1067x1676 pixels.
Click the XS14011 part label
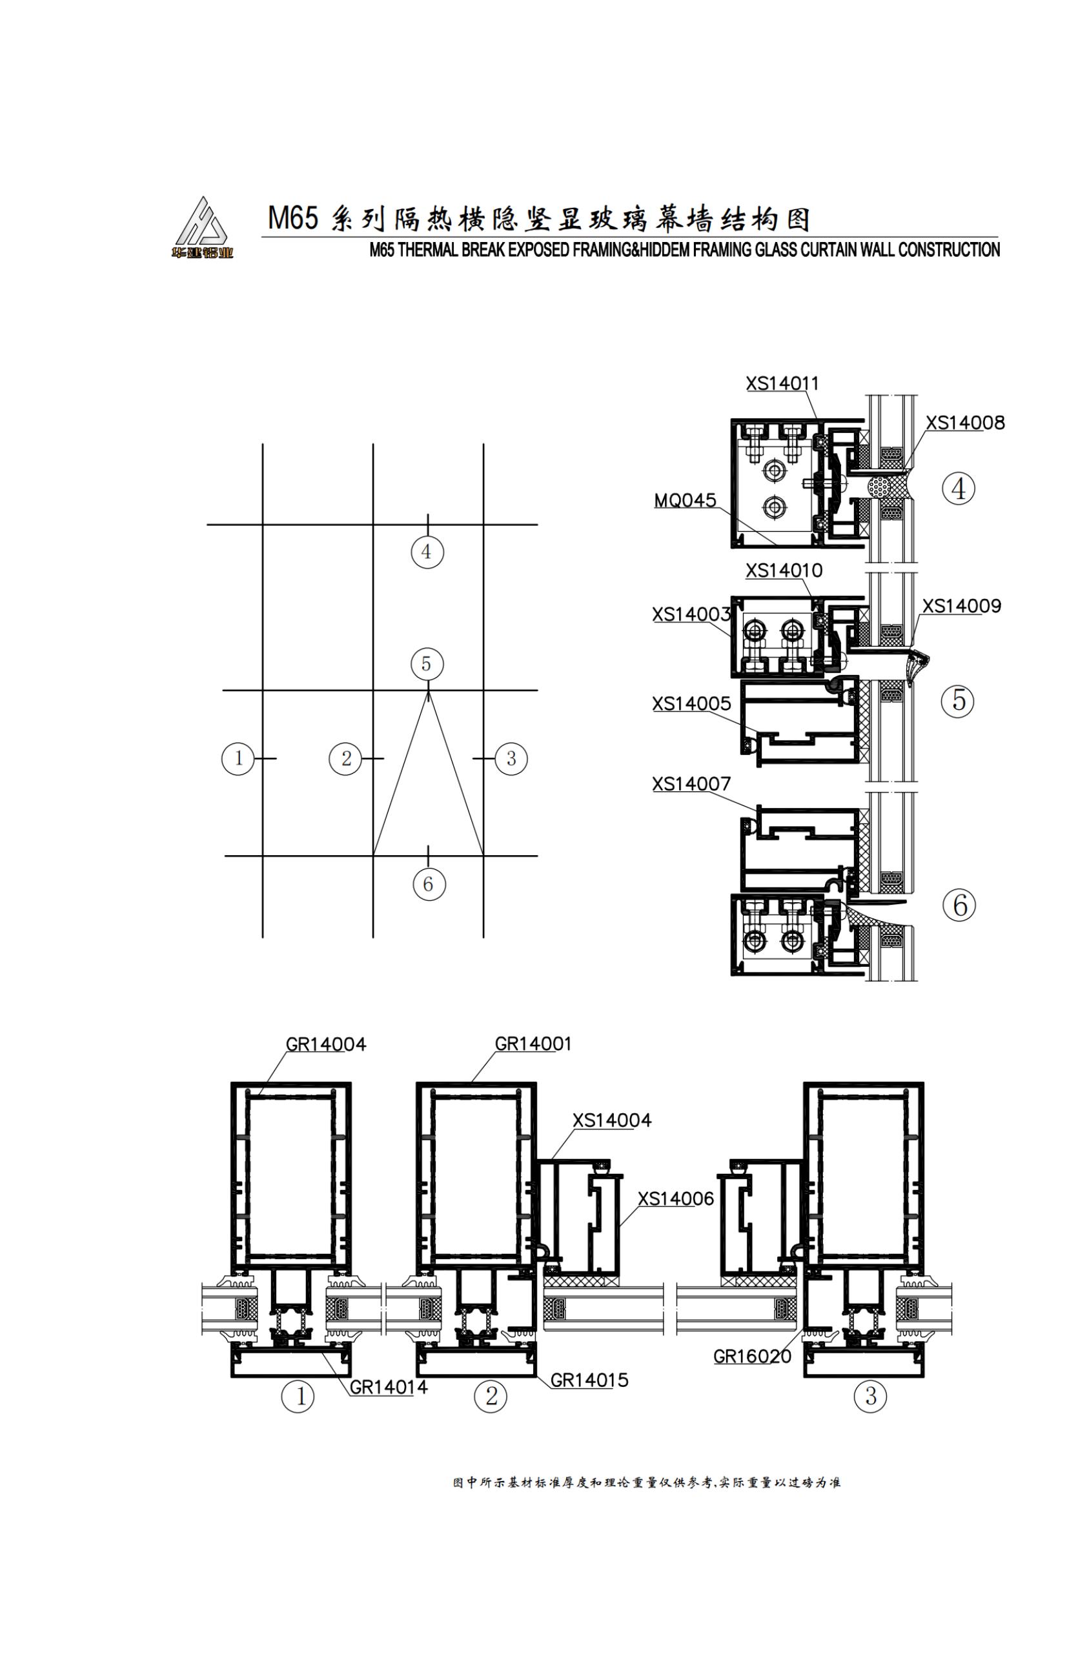click(x=782, y=383)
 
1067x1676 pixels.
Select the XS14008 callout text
click(x=964, y=423)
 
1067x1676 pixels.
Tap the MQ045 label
click(x=685, y=500)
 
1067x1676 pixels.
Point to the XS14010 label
click(x=784, y=570)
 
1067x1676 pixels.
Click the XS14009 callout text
click(x=962, y=606)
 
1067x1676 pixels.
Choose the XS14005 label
click(x=691, y=703)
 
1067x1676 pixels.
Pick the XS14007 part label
click(x=691, y=784)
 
